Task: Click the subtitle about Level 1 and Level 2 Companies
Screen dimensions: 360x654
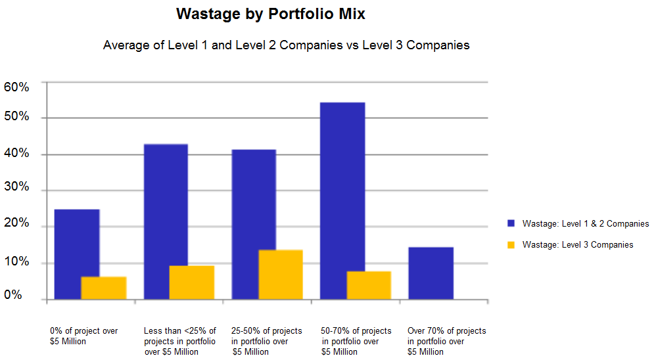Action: (x=286, y=45)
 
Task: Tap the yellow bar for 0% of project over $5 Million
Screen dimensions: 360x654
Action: (x=104, y=288)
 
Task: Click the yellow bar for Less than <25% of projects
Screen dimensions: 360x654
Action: (x=192, y=282)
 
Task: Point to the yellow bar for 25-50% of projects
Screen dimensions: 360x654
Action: (x=281, y=275)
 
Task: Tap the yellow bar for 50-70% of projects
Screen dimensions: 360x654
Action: (x=369, y=285)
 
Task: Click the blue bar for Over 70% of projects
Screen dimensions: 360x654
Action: (x=431, y=273)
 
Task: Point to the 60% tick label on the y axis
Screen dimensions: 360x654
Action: (x=16, y=87)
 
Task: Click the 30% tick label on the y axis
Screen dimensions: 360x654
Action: (x=16, y=187)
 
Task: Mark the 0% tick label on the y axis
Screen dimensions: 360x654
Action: (x=13, y=295)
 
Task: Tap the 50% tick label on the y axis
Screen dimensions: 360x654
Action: (x=16, y=117)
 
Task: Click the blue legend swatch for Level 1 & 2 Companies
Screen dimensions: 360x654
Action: (x=511, y=223)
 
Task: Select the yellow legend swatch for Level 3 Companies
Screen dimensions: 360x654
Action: (x=511, y=244)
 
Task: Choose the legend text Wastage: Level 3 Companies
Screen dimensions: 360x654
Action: (x=578, y=244)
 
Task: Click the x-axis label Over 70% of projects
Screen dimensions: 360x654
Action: (x=446, y=341)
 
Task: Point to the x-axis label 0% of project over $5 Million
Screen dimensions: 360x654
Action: (x=84, y=336)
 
